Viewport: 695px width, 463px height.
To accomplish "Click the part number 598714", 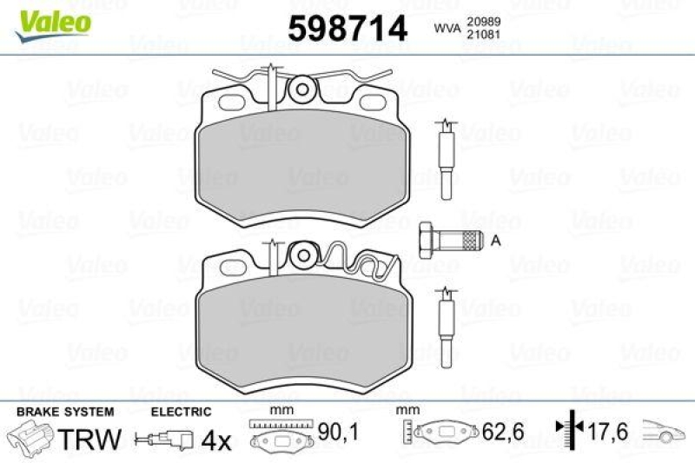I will pos(347,30).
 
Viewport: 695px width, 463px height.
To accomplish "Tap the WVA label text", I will pos(447,29).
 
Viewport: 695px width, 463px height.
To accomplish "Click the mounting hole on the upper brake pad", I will pos(302,89).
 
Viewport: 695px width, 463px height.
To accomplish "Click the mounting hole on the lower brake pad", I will pos(302,255).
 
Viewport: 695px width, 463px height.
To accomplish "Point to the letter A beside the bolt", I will pos(494,241).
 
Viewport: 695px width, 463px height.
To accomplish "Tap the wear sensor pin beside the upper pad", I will pos(446,161).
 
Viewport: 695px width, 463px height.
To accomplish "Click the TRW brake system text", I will pos(89,439).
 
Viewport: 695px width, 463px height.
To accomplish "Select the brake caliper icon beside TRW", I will pos(30,436).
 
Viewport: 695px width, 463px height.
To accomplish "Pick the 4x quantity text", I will pos(214,440).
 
